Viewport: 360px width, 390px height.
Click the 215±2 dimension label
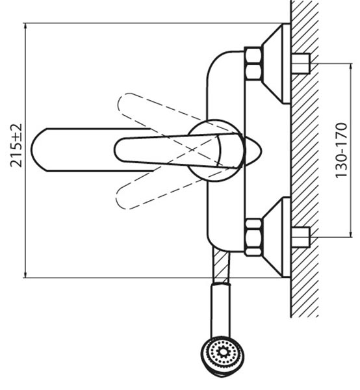(16, 146)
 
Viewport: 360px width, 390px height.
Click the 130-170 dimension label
(341, 151)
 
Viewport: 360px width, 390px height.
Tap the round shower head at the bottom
(222, 356)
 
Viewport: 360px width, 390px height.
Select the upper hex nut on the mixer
(253, 64)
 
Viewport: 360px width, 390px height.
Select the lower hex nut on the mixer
(253, 237)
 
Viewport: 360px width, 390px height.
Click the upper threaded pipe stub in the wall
(300, 64)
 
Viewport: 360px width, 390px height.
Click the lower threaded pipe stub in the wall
(300, 237)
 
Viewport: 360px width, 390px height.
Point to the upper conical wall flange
(276, 64)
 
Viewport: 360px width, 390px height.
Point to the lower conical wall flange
(276, 237)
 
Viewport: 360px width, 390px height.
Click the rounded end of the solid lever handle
(116, 150)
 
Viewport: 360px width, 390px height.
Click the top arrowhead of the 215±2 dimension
(25, 25)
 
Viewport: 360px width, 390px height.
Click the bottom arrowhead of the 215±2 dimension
(25, 275)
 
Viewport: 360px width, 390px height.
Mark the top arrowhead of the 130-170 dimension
(351, 66)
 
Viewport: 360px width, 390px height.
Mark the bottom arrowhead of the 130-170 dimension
(351, 235)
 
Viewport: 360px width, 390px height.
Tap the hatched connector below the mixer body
(221, 266)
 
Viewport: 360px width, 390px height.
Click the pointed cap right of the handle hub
(253, 151)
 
